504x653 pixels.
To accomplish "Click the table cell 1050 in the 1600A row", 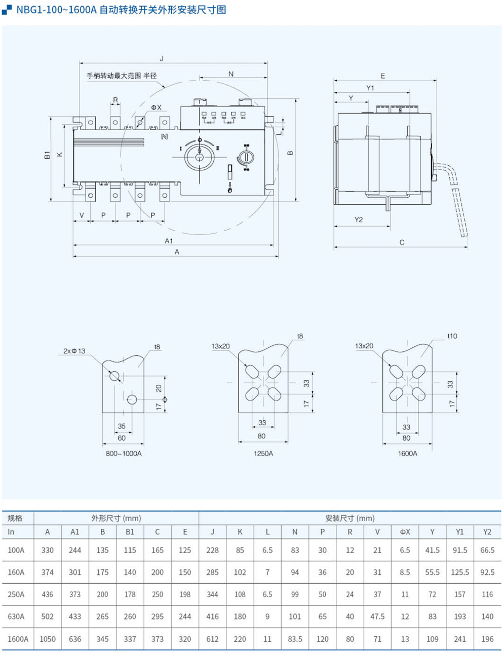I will click(x=48, y=639).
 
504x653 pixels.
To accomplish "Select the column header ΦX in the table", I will click(x=405, y=532).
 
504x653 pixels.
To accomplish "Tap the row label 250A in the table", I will click(x=16, y=594).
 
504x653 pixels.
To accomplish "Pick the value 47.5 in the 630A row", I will click(x=377, y=616).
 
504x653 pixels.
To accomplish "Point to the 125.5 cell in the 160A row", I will click(x=459, y=572).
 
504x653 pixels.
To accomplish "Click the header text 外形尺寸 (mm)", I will click(x=116, y=518).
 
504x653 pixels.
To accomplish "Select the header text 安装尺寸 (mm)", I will click(x=350, y=518).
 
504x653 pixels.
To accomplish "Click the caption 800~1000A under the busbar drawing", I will click(x=124, y=453).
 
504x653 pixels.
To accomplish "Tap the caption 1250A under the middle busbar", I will click(x=263, y=453).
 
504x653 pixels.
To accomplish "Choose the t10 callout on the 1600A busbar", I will click(x=452, y=336).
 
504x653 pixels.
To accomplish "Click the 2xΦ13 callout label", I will click(x=74, y=351).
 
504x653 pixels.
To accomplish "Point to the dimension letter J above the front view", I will click(x=162, y=58).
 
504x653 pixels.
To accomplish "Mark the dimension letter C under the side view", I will click(x=402, y=242).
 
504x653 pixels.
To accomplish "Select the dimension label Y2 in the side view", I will click(x=359, y=220).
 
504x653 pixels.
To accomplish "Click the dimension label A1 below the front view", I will click(x=169, y=241).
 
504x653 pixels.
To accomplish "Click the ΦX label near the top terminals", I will click(x=156, y=107).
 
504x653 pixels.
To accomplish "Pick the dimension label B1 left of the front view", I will click(x=47, y=155).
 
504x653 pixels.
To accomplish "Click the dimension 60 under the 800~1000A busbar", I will click(x=122, y=438).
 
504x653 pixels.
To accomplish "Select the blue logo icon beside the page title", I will click(x=7, y=10).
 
